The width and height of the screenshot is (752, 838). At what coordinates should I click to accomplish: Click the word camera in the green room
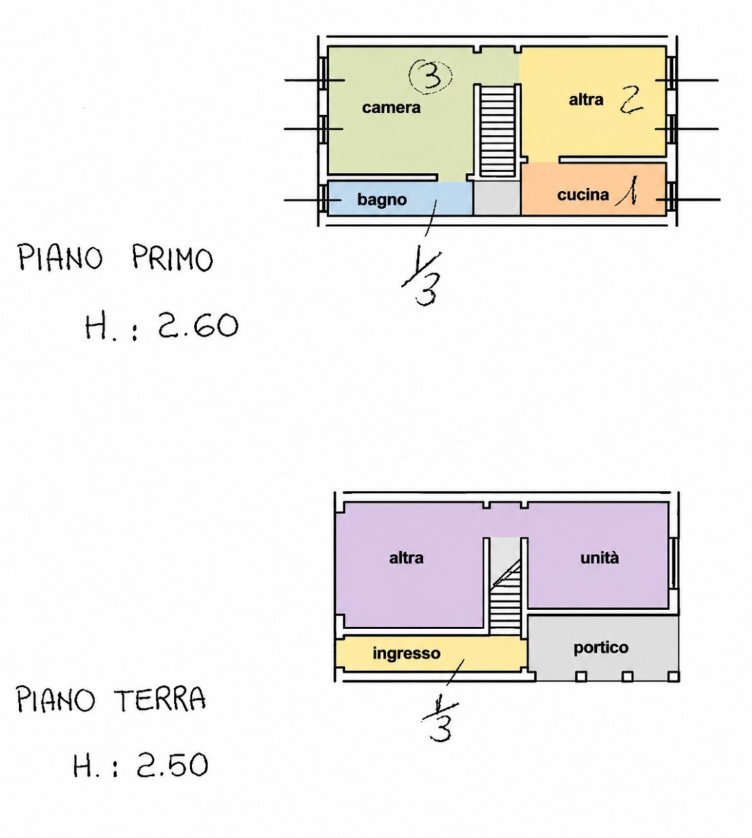click(391, 107)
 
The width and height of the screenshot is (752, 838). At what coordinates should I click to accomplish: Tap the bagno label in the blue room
click(382, 200)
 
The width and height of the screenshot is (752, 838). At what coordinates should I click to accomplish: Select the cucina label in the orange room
click(583, 194)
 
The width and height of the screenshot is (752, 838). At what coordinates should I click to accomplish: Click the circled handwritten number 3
click(431, 77)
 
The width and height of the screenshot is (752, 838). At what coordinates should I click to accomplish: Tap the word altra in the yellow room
click(586, 100)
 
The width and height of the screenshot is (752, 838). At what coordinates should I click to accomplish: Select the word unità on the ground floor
click(600, 558)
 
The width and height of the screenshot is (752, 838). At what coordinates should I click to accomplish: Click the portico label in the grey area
click(601, 647)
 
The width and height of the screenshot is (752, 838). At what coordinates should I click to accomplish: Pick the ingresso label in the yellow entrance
click(406, 653)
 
